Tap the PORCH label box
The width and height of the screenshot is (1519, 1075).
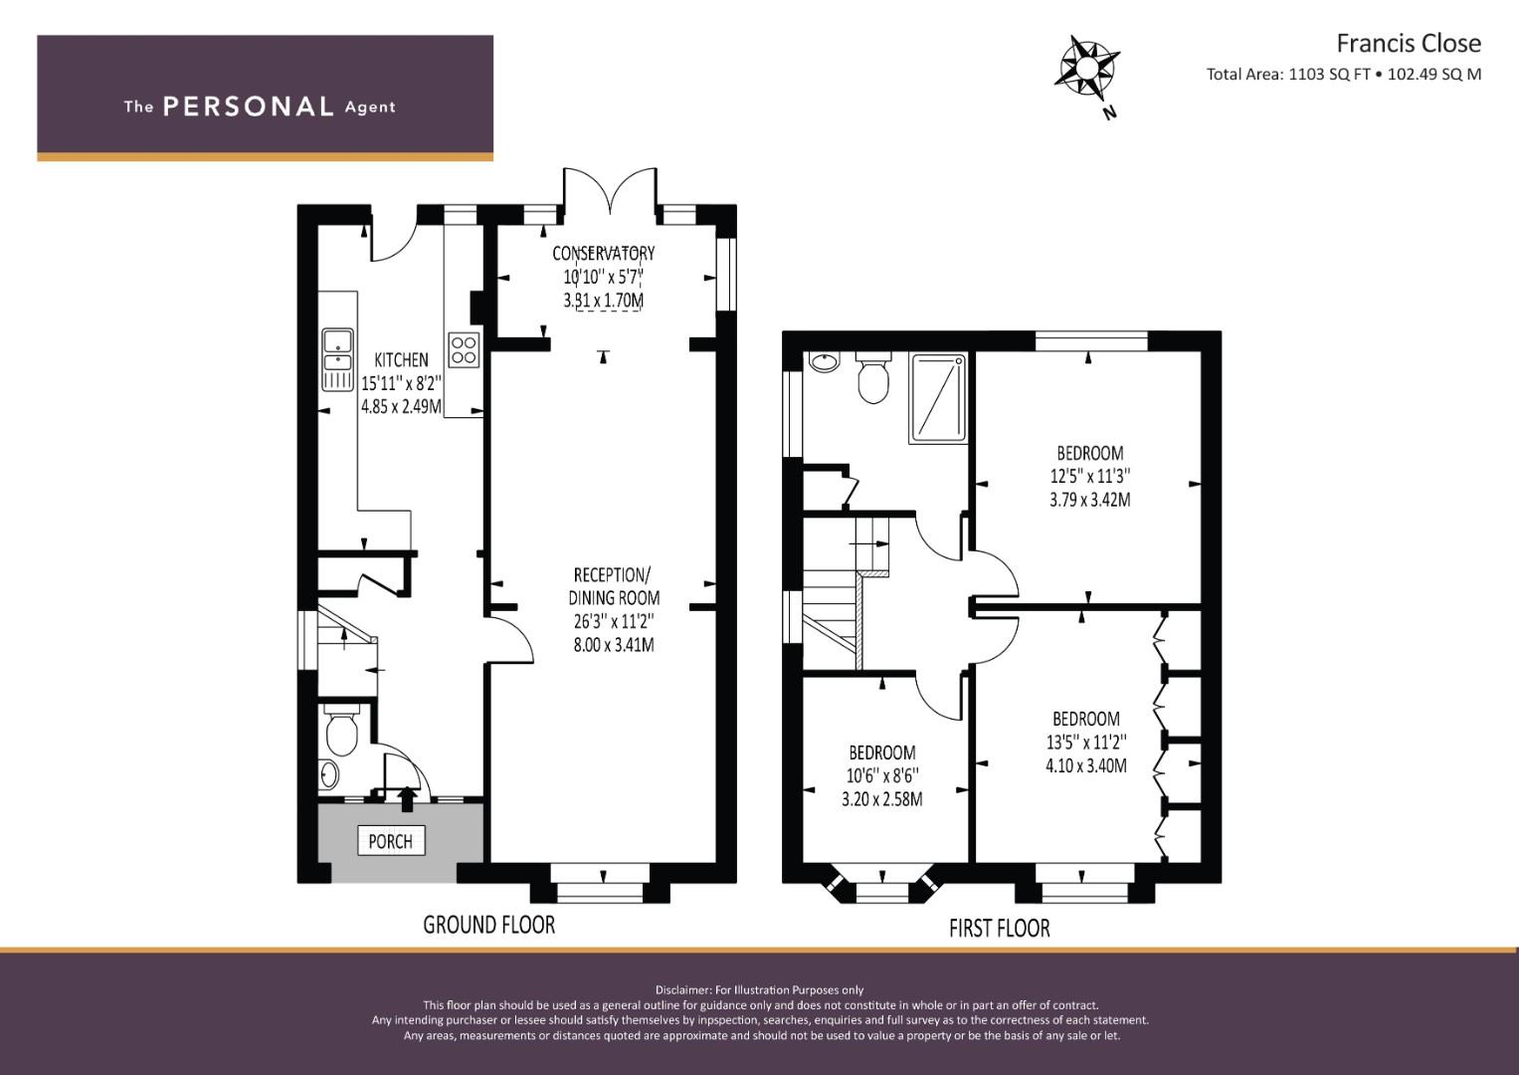click(x=391, y=841)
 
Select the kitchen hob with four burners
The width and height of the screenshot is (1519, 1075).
click(x=464, y=349)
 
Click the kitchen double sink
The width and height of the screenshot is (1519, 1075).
click(x=337, y=359)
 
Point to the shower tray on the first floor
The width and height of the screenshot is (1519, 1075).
click(x=938, y=398)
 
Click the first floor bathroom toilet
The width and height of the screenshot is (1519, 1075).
click(x=872, y=376)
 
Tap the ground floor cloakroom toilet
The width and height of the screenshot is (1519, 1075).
click(x=342, y=730)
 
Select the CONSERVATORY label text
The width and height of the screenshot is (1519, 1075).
click(x=604, y=253)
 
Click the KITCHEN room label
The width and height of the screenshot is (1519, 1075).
click(x=402, y=359)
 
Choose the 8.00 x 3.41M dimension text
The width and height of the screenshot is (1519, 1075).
click(x=614, y=645)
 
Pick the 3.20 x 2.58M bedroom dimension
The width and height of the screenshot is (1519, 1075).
click(x=881, y=799)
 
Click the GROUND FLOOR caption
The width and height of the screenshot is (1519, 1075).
click(x=489, y=925)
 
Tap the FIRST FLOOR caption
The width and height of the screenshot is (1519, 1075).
click(x=1000, y=928)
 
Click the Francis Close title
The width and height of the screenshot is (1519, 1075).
click(x=1409, y=44)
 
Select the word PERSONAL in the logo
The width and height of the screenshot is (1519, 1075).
click(x=249, y=107)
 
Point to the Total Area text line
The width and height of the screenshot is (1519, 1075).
click(x=1343, y=74)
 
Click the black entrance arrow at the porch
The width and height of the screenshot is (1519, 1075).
click(x=407, y=798)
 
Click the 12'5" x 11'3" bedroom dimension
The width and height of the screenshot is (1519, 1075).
click(x=1089, y=477)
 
